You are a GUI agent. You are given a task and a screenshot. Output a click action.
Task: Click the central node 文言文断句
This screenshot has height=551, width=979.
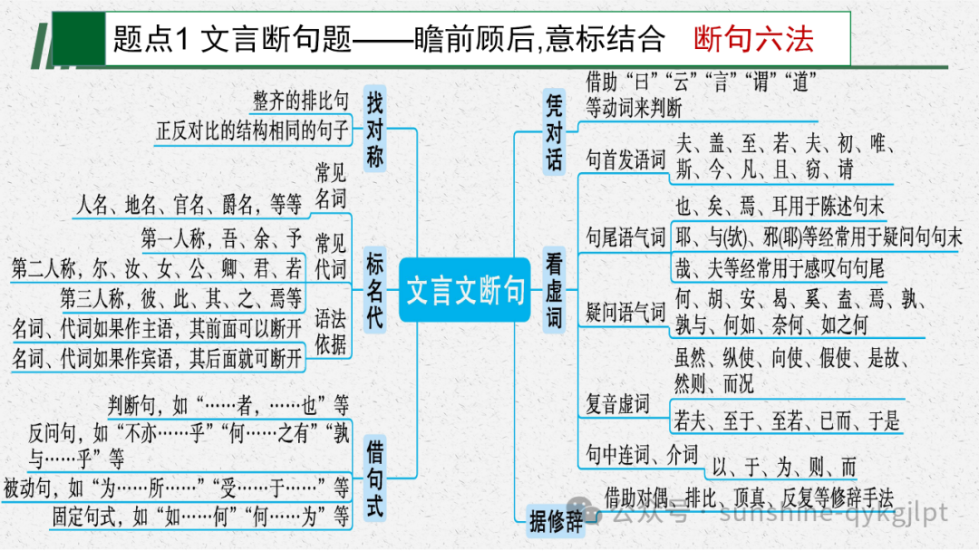point(465,291)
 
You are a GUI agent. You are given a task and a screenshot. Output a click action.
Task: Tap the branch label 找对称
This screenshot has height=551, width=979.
point(375,128)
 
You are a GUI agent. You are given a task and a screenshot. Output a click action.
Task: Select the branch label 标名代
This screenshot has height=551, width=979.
point(375,291)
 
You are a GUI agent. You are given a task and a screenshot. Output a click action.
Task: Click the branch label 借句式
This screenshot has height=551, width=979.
point(375,479)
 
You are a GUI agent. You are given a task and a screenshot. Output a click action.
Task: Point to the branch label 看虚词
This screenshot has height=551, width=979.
point(554,291)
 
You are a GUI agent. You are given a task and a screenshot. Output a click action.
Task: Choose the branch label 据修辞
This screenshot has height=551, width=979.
point(557,521)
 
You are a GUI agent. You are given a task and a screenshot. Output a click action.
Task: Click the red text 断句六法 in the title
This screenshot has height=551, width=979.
point(753,39)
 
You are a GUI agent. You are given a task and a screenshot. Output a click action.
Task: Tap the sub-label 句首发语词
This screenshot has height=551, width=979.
point(625,160)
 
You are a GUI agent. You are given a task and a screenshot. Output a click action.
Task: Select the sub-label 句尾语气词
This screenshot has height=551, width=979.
point(625,237)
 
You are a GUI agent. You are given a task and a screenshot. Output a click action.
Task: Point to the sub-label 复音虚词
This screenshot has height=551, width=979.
point(617,402)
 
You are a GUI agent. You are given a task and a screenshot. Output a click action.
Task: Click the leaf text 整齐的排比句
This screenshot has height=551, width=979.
point(300,100)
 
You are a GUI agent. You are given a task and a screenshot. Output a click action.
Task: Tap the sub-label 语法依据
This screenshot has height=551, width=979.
point(330,330)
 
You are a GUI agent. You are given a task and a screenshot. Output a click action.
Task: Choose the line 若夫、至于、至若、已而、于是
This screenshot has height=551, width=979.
point(787,420)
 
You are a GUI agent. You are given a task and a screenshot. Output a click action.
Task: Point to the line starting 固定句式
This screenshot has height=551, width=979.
point(200,517)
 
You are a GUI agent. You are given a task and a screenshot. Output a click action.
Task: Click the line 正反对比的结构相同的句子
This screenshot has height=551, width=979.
point(252,130)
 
